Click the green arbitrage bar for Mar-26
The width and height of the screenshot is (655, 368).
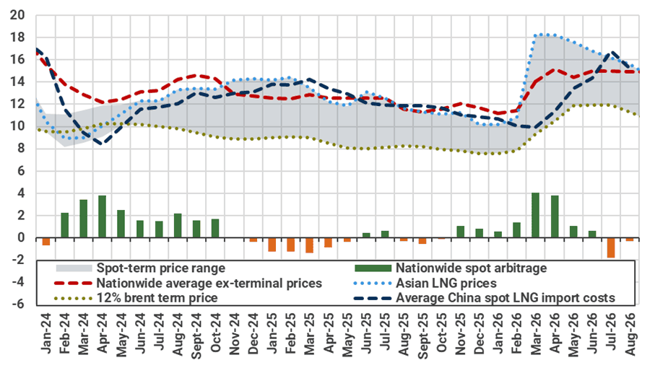(x=535, y=215)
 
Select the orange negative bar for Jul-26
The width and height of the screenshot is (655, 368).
(x=611, y=247)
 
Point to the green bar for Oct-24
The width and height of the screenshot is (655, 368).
(x=215, y=228)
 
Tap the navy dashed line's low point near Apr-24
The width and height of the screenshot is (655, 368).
(x=101, y=143)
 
